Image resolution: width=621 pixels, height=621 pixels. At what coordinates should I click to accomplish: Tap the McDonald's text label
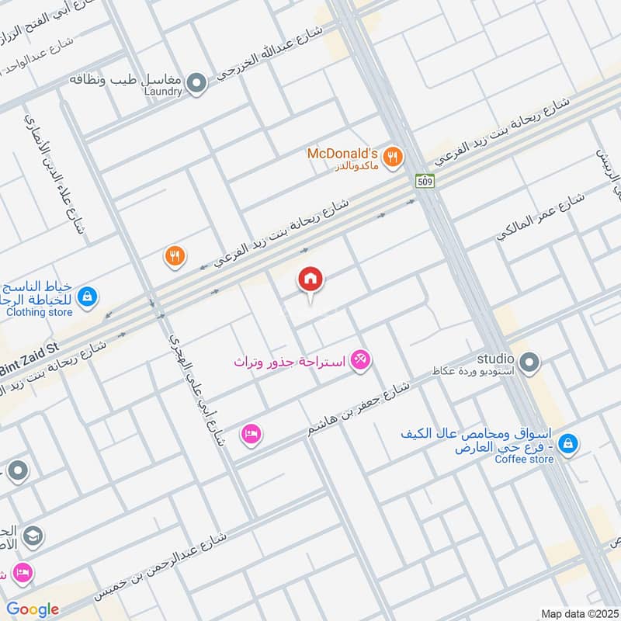342,153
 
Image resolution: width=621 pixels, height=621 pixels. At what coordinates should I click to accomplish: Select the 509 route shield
424,181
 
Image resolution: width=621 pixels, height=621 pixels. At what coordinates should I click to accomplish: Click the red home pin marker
311,280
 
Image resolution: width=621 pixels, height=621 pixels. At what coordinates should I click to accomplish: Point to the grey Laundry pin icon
198,82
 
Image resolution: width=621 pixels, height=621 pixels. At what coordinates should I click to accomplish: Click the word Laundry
163,92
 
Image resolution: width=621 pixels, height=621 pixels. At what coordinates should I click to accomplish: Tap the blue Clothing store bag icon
88,296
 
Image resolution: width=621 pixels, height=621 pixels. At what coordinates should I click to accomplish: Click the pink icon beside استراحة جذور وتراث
361,360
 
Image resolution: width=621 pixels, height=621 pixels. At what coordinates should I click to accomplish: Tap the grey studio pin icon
530,361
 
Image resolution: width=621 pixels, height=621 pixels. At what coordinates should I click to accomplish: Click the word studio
495,359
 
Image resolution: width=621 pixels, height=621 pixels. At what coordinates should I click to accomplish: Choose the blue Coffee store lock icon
568,442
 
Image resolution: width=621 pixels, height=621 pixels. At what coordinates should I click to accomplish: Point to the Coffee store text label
525,459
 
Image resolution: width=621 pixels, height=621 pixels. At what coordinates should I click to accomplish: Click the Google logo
33,609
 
